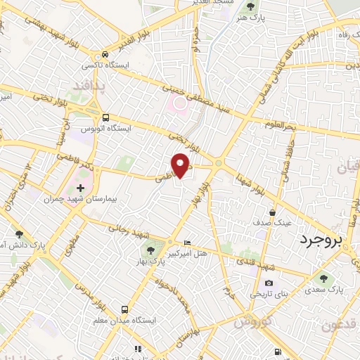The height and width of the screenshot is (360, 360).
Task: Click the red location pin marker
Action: pyautogui.click(x=181, y=165)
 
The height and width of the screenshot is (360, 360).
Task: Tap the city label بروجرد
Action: pyautogui.click(x=324, y=240)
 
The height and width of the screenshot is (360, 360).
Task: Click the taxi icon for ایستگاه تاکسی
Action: pyautogui.click(x=105, y=54)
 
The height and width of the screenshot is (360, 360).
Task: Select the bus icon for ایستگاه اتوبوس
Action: pyautogui.click(x=105, y=118)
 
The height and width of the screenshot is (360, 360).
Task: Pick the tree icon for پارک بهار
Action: pyautogui.click(x=150, y=249)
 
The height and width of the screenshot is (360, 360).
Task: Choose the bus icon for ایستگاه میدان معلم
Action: pyautogui.click(x=124, y=309)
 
